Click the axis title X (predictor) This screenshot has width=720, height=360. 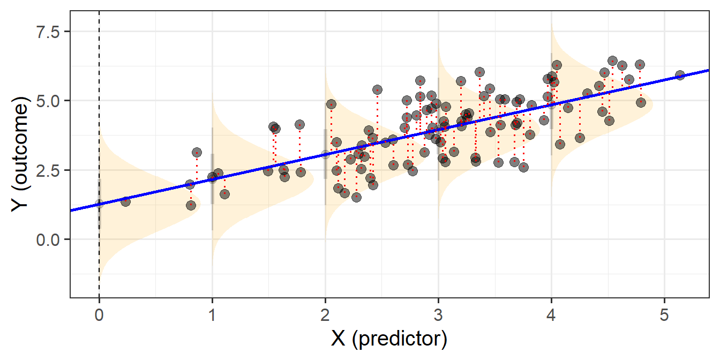point(390,339)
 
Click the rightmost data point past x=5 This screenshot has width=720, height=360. point(680,75)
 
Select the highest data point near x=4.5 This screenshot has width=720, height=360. point(612,61)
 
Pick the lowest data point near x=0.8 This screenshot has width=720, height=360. point(191,205)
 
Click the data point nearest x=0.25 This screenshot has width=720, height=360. point(125,201)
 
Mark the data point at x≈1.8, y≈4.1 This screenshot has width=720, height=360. point(299,125)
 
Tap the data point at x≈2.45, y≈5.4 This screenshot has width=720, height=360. point(377,89)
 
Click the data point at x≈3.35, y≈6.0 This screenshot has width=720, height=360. point(479,72)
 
